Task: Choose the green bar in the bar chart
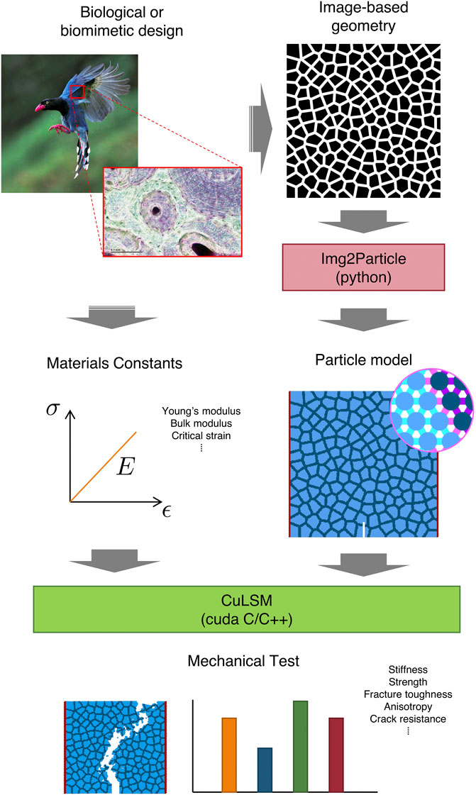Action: (300, 746)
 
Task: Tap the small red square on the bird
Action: (77, 91)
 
